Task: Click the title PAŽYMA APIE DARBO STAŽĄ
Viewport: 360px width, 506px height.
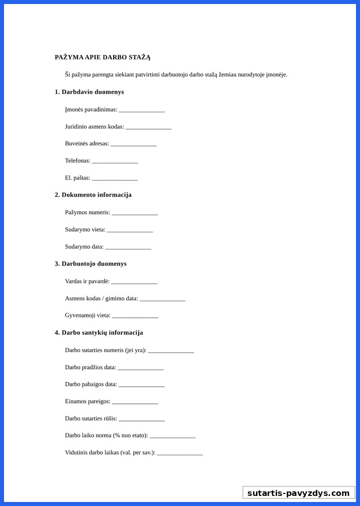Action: (x=103, y=57)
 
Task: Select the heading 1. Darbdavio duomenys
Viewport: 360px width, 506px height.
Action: (x=89, y=92)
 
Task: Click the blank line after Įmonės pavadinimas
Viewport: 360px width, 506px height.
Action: (x=142, y=110)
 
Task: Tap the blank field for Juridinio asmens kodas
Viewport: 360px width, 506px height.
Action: (x=148, y=127)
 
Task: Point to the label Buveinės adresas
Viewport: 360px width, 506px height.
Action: (x=87, y=143)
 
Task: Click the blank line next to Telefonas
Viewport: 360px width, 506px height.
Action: (x=115, y=161)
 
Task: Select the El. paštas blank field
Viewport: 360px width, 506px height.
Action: (x=115, y=179)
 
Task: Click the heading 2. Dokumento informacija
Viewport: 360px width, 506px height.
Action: (x=93, y=195)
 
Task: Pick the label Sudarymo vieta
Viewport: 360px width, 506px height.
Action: (x=85, y=229)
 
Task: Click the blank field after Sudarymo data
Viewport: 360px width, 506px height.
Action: (x=128, y=247)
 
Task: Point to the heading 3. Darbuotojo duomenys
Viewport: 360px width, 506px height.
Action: (x=91, y=264)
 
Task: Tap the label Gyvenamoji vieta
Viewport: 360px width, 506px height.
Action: (x=87, y=315)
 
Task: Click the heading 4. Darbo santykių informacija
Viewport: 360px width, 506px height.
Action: (x=99, y=332)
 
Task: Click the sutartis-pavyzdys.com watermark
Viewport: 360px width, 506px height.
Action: (x=298, y=493)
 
